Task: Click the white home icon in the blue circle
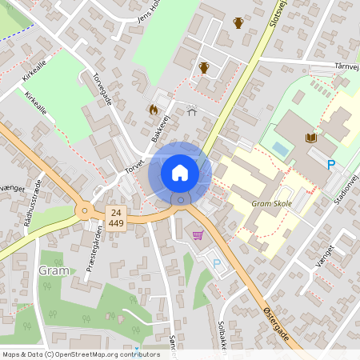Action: coord(180,172)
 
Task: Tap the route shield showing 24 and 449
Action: coord(117,217)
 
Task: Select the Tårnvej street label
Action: coord(342,68)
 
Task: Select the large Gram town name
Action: coord(54,270)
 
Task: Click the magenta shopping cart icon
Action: coord(198,234)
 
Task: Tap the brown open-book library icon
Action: coord(311,138)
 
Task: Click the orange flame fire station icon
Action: coord(154,109)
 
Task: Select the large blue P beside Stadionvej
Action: coord(331,165)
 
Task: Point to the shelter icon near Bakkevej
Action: coord(192,111)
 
